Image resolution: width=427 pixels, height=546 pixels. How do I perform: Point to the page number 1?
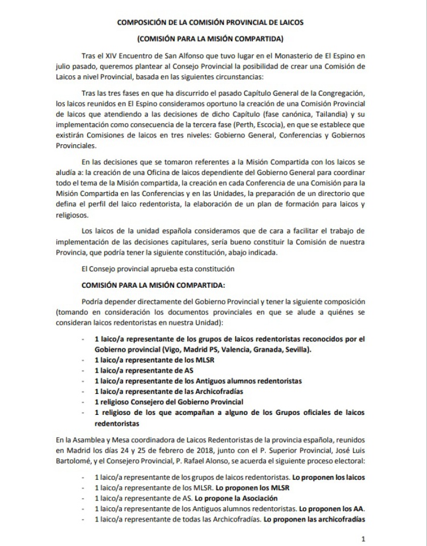pyautogui.click(x=363, y=539)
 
